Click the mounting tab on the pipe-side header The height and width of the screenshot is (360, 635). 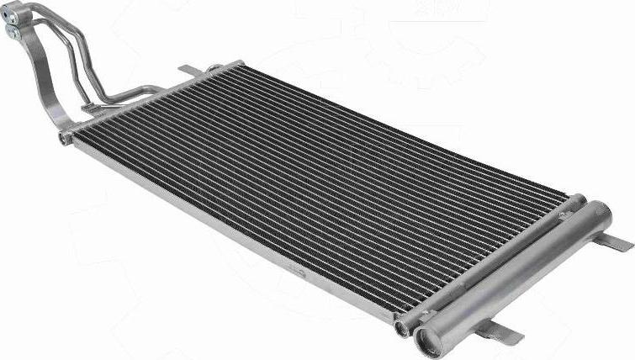pos(188,68)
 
